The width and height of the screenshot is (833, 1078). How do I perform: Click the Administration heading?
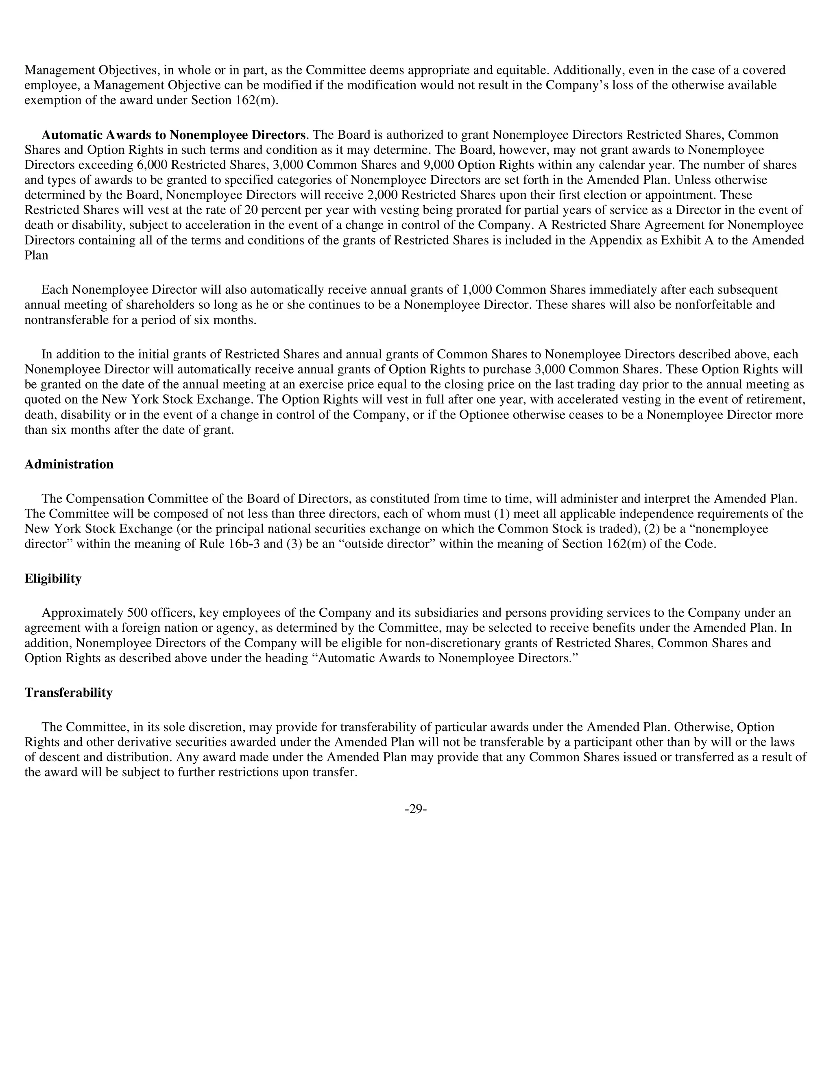point(69,465)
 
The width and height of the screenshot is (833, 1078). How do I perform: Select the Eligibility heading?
point(53,578)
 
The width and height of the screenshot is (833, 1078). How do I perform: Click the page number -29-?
point(416,809)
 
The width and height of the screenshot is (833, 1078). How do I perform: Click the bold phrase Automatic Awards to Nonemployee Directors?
point(173,135)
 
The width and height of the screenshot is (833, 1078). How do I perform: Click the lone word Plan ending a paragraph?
point(36,256)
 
